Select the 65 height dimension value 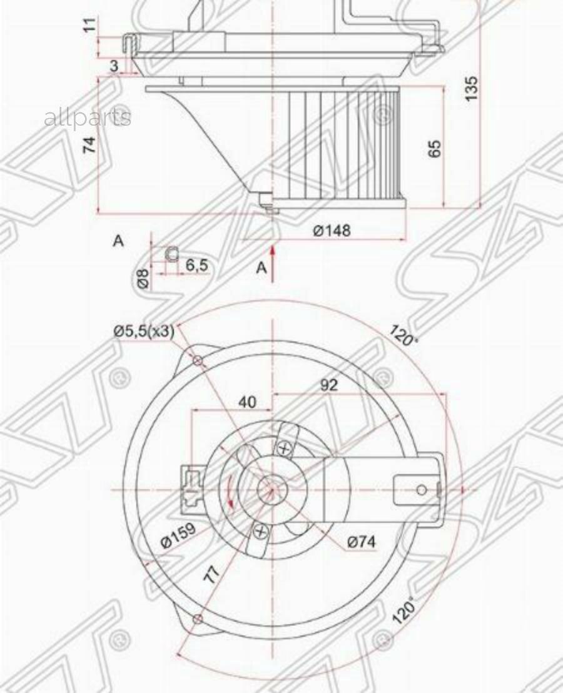(x=435, y=148)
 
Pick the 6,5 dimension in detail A (x=196, y=265)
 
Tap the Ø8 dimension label (x=143, y=279)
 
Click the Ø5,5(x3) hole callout (x=143, y=331)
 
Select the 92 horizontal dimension (x=328, y=385)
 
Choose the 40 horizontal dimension (x=248, y=402)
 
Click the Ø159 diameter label (x=178, y=535)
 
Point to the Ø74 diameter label (x=361, y=542)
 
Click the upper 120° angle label (x=404, y=335)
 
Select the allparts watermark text (x=88, y=117)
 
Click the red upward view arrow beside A (x=273, y=263)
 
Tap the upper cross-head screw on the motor (x=284, y=448)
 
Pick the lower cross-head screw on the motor (x=260, y=532)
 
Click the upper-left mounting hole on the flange (x=197, y=360)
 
